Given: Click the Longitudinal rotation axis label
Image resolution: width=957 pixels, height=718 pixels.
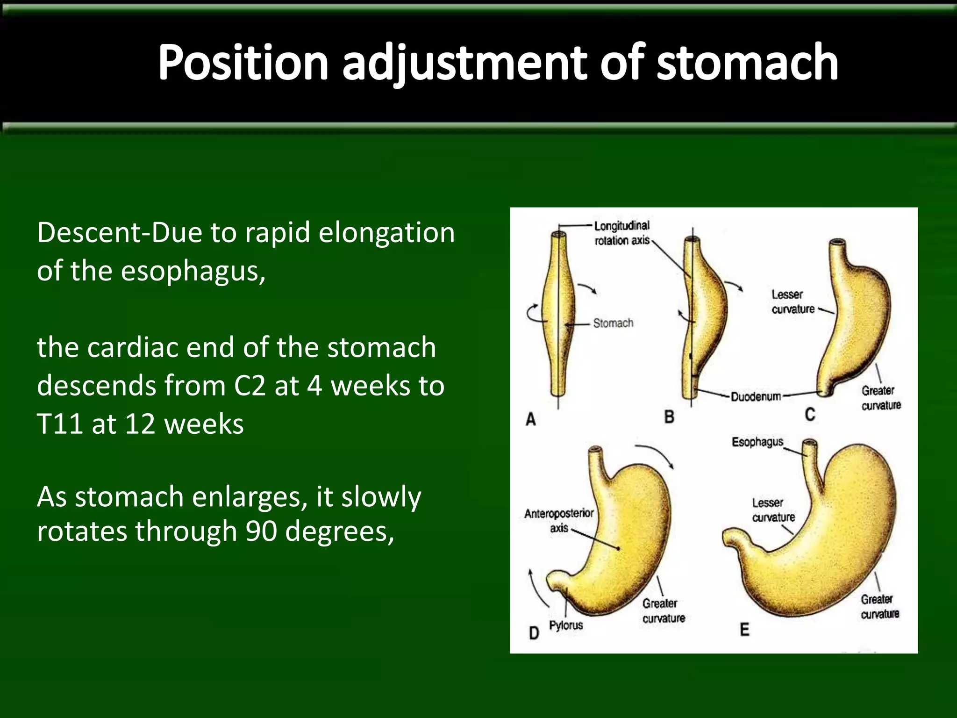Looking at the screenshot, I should pos(621,233).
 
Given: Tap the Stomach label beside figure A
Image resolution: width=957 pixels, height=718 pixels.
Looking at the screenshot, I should pos(613,323).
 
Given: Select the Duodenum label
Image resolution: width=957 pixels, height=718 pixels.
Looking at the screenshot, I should pos(756,397).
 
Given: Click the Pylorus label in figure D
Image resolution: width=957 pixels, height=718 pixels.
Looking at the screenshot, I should pos(566,625).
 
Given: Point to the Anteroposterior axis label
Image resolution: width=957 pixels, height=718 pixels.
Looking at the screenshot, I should pos(559,520).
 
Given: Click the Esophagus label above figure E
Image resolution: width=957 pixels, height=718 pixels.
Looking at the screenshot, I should pos(757,442).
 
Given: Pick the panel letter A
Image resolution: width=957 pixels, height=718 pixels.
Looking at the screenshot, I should pos(531,419).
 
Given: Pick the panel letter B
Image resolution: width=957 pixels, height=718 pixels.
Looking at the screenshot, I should pos(669,416).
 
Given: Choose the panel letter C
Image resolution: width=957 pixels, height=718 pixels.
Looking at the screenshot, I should pos(810,415).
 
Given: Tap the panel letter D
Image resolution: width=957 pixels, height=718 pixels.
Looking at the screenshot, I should pos(534,633).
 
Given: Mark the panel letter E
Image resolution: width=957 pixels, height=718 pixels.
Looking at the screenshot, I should pos(744,630).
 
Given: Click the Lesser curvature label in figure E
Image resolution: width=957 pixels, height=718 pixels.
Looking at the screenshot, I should pos(773,510).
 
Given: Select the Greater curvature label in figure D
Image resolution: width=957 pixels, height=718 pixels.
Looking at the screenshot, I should pos(663,610).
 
